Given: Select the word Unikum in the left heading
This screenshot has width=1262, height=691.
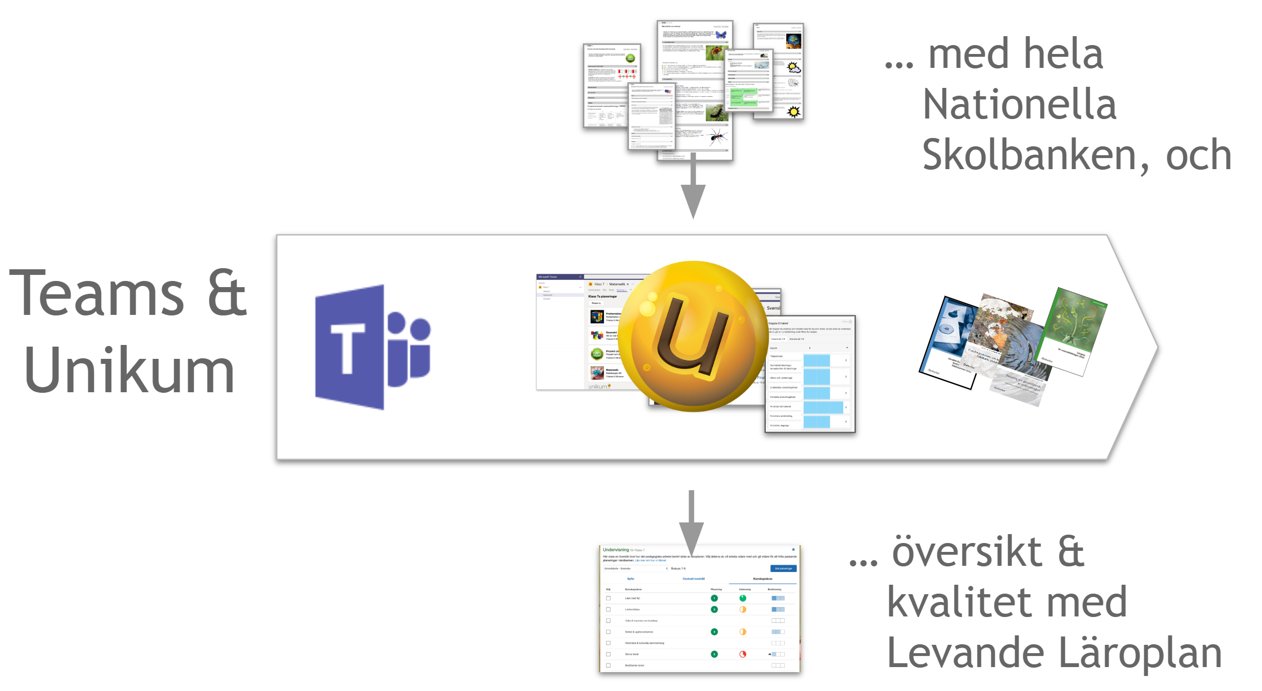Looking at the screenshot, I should click(x=128, y=371).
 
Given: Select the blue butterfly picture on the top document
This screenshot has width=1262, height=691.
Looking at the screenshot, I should click(x=721, y=34).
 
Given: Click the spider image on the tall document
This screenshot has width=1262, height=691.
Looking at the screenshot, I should click(x=716, y=136).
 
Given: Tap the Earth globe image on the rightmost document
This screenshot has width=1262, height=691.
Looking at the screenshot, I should click(x=793, y=41).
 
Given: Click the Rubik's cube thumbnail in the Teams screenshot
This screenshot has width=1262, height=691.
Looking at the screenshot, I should click(x=597, y=317).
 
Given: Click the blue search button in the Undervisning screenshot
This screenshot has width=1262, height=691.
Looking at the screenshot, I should click(x=783, y=569).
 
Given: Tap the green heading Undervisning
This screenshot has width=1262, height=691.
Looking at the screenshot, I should click(x=616, y=550).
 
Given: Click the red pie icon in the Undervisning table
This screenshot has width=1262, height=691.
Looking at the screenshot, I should click(x=743, y=654).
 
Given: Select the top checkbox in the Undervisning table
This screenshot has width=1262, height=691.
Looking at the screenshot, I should click(x=608, y=599).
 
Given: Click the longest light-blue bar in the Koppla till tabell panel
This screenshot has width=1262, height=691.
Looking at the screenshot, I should click(x=823, y=408).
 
